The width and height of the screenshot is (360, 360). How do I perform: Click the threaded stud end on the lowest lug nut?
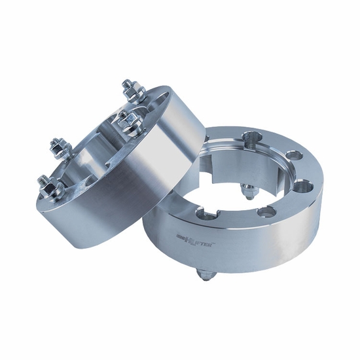(43, 178)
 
